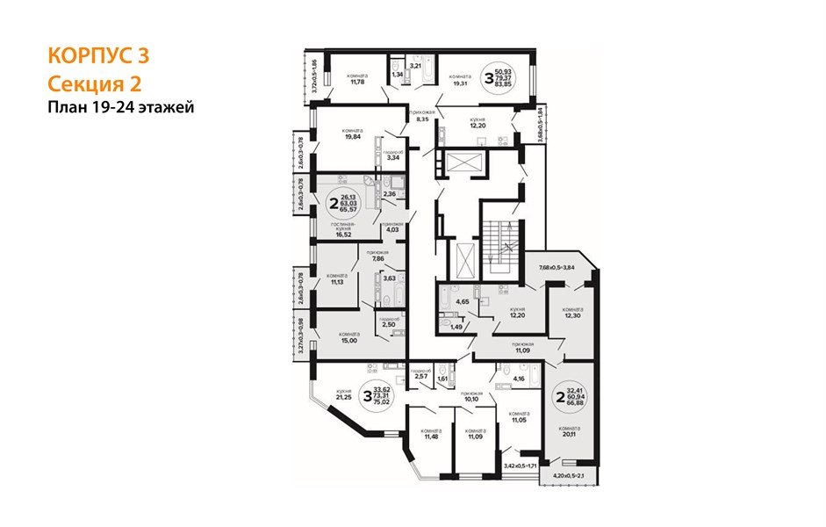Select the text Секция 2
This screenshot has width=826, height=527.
tap(93, 83)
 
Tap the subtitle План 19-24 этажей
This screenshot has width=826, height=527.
tap(120, 107)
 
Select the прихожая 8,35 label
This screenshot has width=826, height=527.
tap(420, 116)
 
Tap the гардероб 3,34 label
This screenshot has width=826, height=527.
tap(394, 156)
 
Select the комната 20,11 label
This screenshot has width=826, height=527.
tap(572, 430)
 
